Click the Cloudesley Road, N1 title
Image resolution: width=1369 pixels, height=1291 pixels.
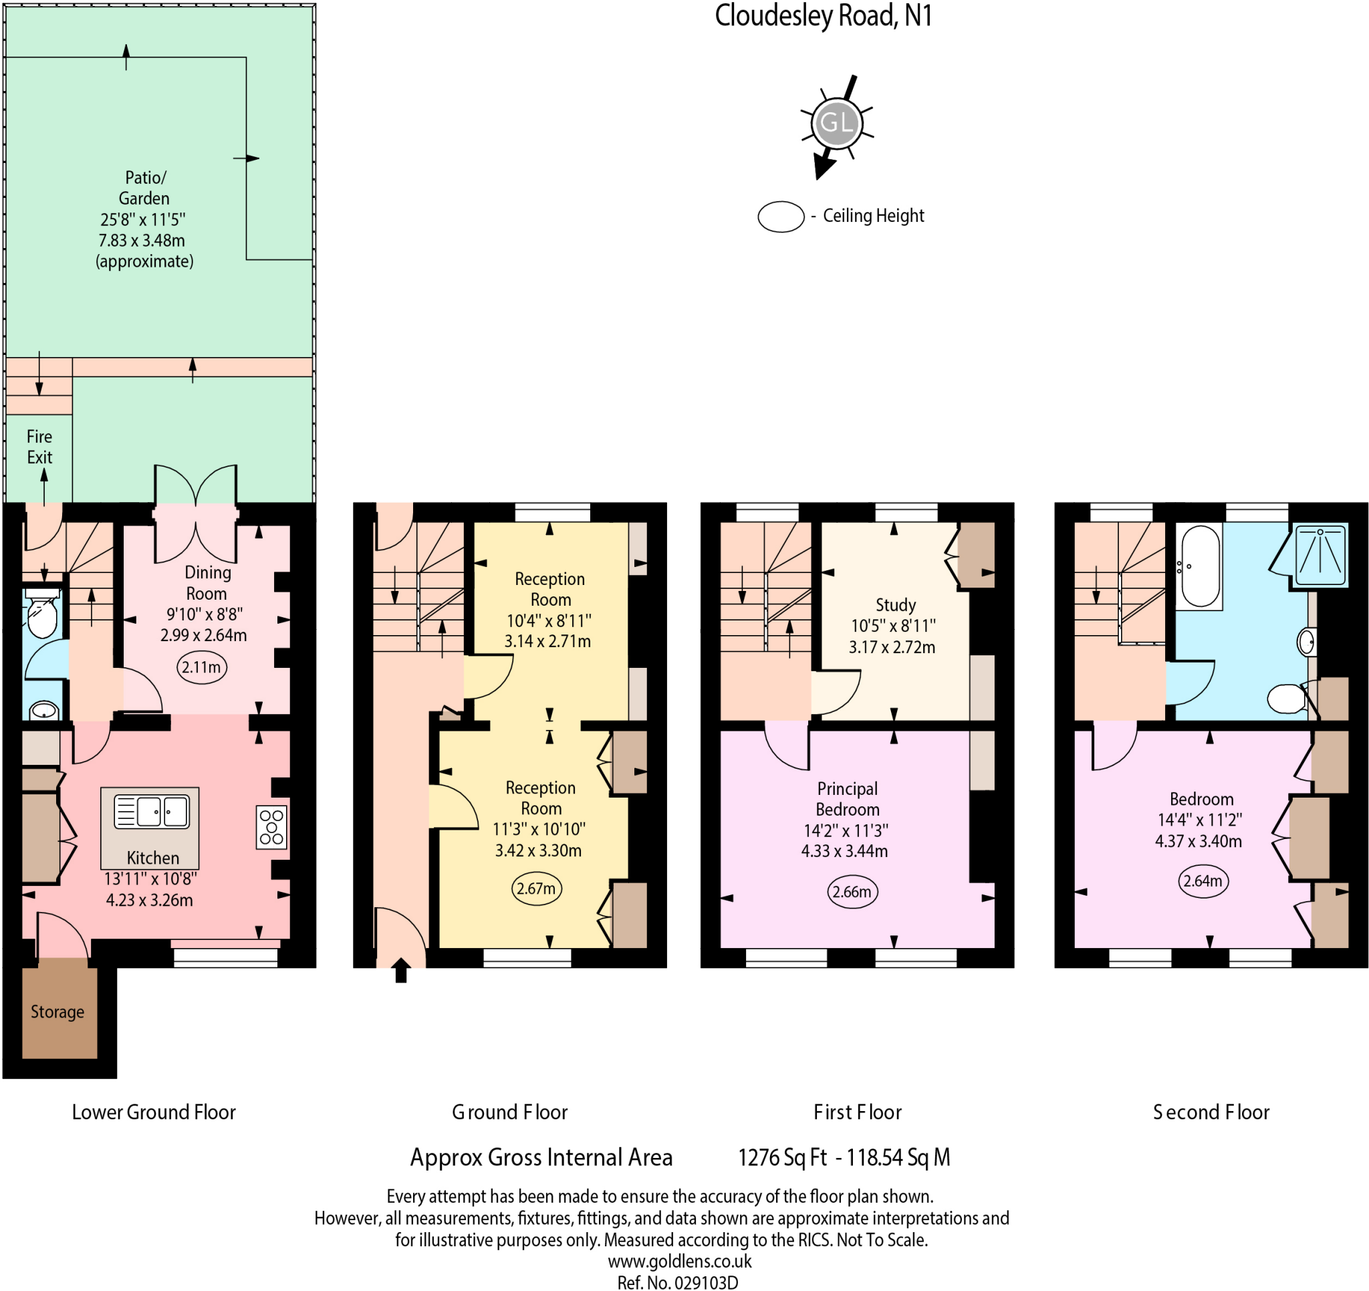(823, 17)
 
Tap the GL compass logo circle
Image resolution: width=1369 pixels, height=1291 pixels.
(837, 123)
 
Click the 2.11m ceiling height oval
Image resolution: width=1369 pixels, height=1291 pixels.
(202, 667)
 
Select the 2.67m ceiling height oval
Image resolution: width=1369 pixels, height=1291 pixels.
(537, 889)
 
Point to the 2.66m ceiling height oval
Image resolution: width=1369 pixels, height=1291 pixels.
(852, 891)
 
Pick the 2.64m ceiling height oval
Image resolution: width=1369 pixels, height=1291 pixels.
(1203, 881)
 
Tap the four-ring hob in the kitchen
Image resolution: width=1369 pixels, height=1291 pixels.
(271, 826)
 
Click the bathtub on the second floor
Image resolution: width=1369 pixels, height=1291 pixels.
(1201, 567)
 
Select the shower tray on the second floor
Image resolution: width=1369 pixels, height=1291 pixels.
(1320, 556)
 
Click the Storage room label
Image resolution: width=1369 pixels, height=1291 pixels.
(57, 1012)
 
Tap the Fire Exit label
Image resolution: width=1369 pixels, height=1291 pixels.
(39, 447)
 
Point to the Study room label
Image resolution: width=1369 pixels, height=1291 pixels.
(895, 605)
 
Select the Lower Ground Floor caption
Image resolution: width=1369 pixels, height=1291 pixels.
(154, 1112)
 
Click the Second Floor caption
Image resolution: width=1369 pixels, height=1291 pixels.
(1211, 1112)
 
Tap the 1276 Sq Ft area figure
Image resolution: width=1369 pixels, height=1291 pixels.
(782, 1157)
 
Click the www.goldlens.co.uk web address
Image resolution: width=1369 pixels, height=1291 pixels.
(679, 1262)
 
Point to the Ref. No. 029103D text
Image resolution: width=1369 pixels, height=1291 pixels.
(677, 1282)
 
